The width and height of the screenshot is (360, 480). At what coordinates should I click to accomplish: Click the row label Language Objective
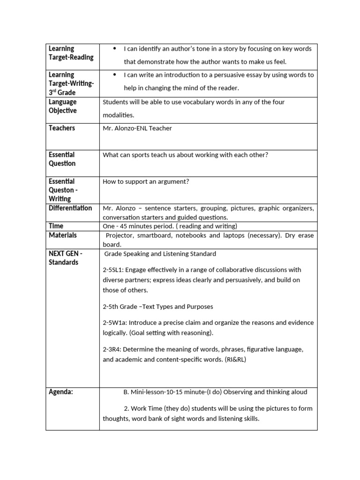tap(62, 106)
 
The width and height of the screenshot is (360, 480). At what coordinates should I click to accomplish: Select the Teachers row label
tap(61, 128)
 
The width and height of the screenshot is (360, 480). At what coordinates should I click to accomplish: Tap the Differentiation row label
tap(70, 208)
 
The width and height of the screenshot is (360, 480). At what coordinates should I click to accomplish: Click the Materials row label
tap(62, 235)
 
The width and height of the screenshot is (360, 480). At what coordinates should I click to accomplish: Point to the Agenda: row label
tap(61, 392)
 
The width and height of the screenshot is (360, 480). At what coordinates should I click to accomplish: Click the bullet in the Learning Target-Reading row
tap(114, 49)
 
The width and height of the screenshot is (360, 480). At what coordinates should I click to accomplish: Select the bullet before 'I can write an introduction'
tap(114, 75)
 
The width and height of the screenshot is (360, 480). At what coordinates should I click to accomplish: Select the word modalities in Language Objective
tap(118, 115)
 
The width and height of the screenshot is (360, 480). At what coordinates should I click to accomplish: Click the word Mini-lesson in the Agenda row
tap(147, 392)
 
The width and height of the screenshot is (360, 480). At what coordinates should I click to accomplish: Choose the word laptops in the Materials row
tap(233, 235)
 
